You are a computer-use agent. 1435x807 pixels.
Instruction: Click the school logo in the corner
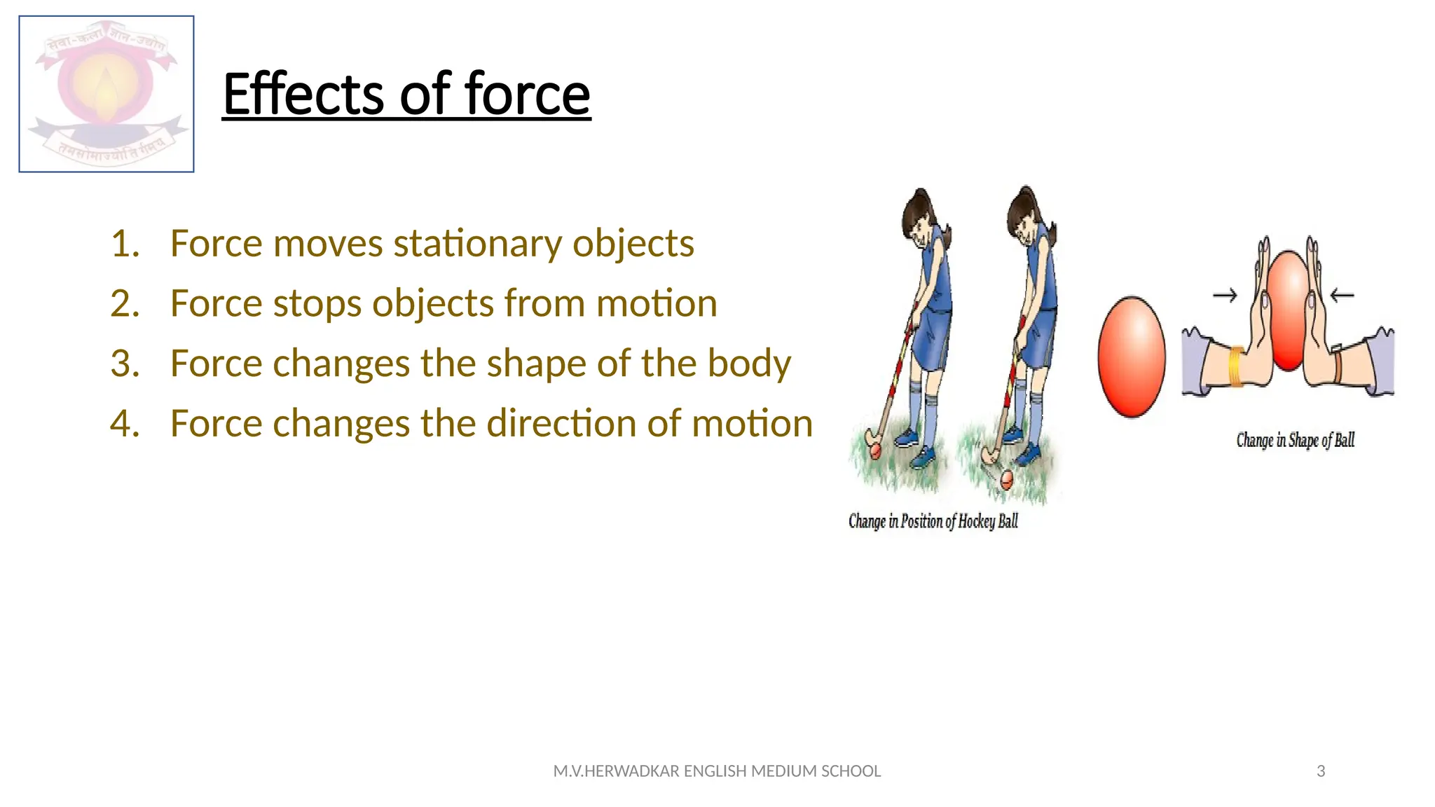coord(107,94)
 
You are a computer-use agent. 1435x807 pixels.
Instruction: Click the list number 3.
coord(125,364)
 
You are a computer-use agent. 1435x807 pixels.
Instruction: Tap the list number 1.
coord(125,244)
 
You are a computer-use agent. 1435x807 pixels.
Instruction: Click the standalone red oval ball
coord(1131,357)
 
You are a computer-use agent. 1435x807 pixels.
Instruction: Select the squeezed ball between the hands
coord(1288,308)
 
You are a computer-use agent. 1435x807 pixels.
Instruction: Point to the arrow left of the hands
coord(1225,296)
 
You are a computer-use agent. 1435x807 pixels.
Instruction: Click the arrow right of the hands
coord(1342,296)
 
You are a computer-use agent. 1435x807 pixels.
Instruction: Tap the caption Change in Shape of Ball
coord(1295,441)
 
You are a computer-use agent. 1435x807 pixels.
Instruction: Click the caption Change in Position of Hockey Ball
coord(933,521)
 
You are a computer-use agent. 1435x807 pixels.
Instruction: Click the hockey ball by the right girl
coord(1006,479)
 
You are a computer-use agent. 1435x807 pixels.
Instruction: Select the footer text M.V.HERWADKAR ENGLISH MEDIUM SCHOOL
coord(717,771)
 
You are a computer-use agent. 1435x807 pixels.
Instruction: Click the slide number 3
coord(1321,771)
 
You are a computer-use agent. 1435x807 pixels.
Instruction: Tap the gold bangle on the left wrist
coord(1237,366)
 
